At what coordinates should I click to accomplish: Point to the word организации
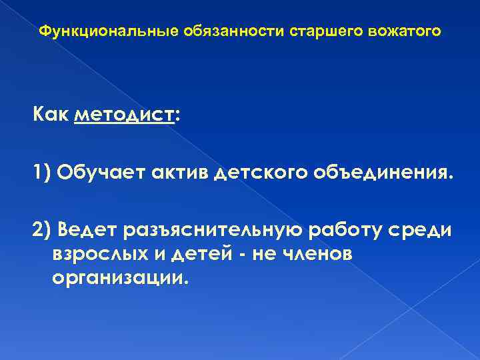coord(118,277)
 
